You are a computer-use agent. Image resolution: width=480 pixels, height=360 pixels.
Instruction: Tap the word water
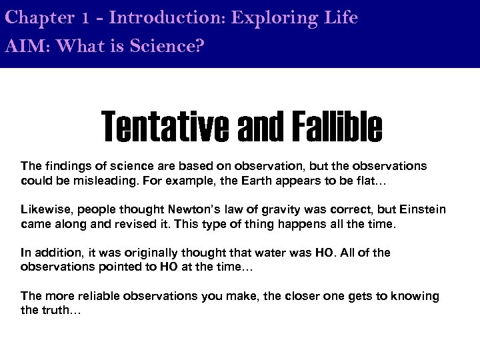tap(265, 253)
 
